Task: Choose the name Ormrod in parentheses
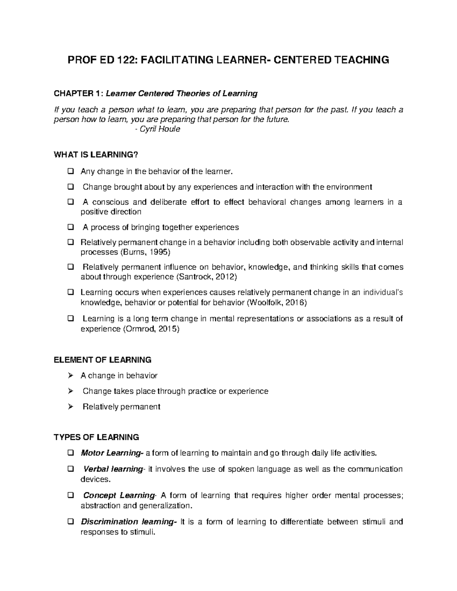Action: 140,329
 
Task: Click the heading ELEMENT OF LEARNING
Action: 103,360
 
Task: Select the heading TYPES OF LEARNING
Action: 97,437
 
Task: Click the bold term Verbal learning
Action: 113,469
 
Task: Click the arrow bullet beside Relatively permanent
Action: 70,407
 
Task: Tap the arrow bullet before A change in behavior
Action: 70,376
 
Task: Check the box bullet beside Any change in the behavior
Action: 70,172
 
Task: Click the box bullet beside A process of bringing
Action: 70,228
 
